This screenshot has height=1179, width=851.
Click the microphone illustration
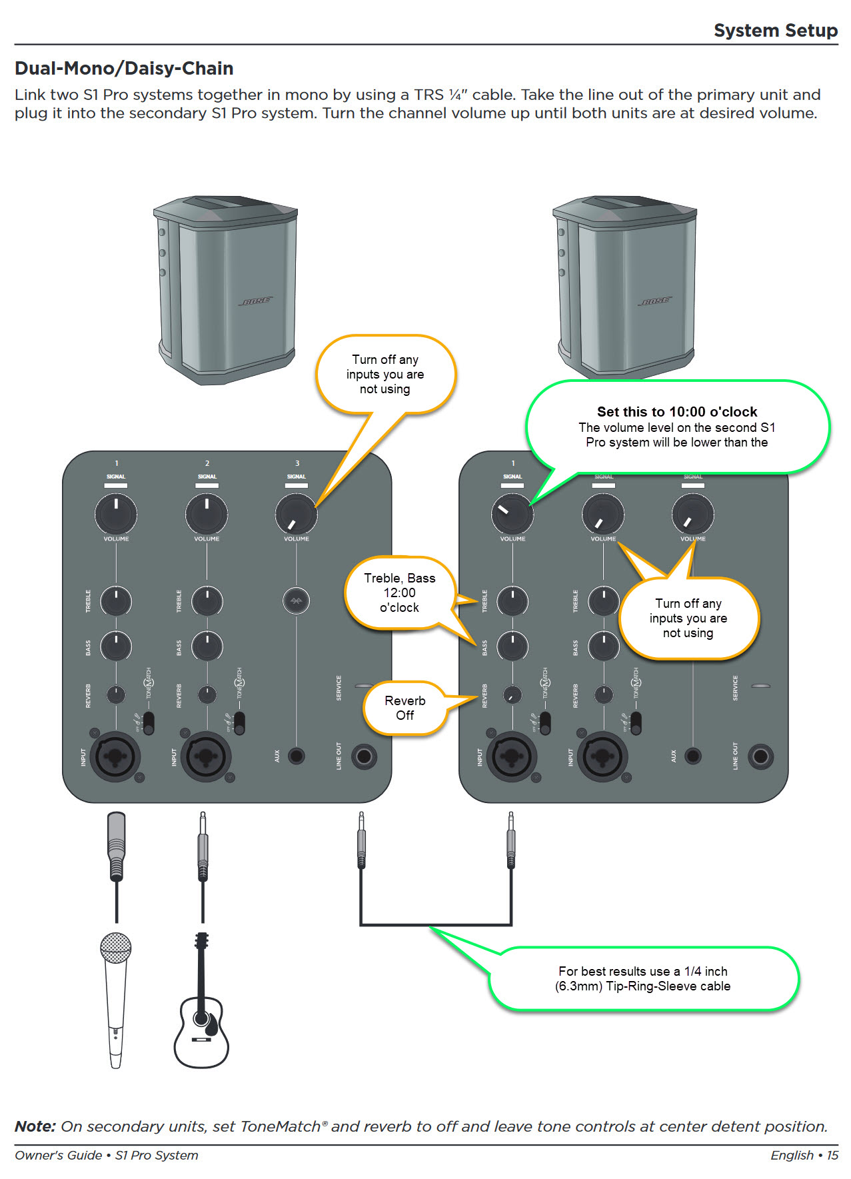pyautogui.click(x=115, y=996)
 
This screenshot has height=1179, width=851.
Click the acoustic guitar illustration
pyautogui.click(x=201, y=1013)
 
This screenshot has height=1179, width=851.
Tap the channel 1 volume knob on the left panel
pyautogui.click(x=116, y=514)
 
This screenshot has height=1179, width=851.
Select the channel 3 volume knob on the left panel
pyautogui.click(x=296, y=514)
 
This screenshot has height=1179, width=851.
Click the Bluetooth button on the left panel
pyautogui.click(x=296, y=601)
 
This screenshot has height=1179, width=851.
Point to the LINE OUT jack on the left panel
pyautogui.click(x=364, y=756)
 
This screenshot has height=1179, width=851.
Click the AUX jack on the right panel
pyautogui.click(x=693, y=756)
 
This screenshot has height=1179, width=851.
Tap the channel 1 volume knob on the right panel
pyautogui.click(x=512, y=514)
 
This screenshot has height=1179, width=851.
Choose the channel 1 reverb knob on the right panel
pyautogui.click(x=512, y=694)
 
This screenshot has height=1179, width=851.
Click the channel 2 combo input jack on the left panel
pyautogui.click(x=207, y=756)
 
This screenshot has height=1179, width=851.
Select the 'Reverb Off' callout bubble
pyautogui.click(x=405, y=708)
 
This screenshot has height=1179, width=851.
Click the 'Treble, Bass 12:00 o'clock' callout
pyautogui.click(x=399, y=592)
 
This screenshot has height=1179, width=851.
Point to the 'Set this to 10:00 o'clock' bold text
pyautogui.click(x=677, y=412)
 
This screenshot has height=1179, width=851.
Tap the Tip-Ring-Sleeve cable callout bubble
pyautogui.click(x=644, y=978)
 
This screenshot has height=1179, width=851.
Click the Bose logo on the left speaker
pyautogui.click(x=256, y=301)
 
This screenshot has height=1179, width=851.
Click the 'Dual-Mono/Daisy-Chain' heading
pyautogui.click(x=124, y=69)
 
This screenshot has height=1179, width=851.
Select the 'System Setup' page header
pyautogui.click(x=775, y=31)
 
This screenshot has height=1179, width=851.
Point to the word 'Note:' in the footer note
pyautogui.click(x=35, y=1126)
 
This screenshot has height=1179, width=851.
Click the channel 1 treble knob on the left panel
pyautogui.click(x=116, y=601)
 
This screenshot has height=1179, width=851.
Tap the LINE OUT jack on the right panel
pyautogui.click(x=760, y=756)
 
